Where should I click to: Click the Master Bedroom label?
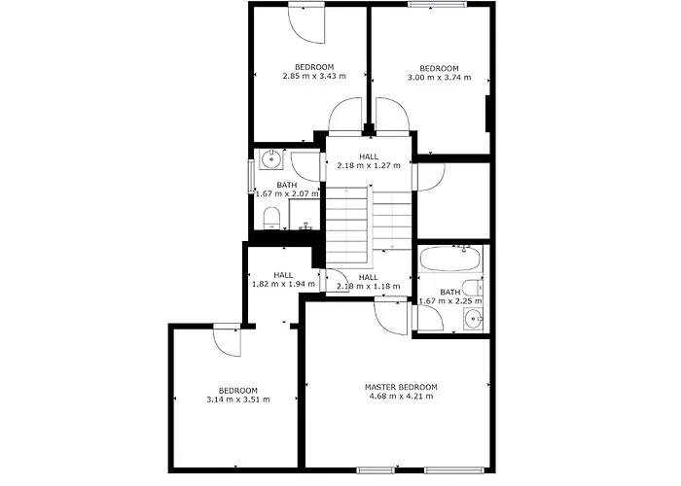[x=401, y=387]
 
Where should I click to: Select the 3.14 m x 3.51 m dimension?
[x=238, y=399]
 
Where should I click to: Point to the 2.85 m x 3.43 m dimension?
[x=314, y=76]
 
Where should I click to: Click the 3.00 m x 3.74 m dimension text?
[x=439, y=78]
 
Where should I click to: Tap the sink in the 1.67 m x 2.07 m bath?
[x=271, y=159]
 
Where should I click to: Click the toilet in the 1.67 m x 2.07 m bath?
[x=272, y=218]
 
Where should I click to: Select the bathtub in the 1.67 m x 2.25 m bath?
[x=449, y=259]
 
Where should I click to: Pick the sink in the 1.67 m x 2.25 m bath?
[x=473, y=320]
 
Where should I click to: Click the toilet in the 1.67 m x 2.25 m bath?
[x=473, y=288]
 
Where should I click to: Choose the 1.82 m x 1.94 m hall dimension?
[x=284, y=284]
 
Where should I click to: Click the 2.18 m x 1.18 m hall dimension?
[x=369, y=287]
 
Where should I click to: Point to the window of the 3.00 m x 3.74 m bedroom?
[x=437, y=4]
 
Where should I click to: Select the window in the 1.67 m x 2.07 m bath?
[x=251, y=177]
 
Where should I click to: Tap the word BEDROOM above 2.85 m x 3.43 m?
[x=314, y=67]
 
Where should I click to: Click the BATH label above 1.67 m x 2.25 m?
[x=449, y=293]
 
